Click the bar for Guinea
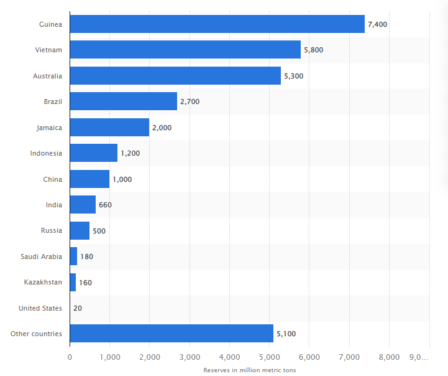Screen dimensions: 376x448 (217, 24)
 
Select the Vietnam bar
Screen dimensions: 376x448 (185, 50)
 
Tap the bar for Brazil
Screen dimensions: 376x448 (123, 101)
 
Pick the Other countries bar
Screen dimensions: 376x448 (171, 334)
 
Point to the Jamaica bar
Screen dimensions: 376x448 (109, 128)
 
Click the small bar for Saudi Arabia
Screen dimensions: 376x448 (73, 256)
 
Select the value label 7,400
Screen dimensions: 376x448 (378, 24)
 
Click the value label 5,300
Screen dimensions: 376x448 (293, 76)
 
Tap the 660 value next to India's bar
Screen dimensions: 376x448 (105, 205)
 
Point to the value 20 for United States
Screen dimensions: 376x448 (77, 308)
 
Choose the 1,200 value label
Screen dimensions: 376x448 (130, 153)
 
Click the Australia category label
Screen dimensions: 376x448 (47, 76)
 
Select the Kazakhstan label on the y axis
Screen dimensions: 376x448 (43, 282)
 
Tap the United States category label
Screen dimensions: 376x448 (40, 308)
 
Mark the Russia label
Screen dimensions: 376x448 (51, 230)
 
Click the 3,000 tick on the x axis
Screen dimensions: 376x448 (190, 357)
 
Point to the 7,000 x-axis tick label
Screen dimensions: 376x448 (349, 357)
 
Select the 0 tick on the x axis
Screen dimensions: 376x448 (70, 357)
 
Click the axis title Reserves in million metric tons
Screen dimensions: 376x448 (249, 370)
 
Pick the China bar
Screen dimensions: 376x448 (89, 179)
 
